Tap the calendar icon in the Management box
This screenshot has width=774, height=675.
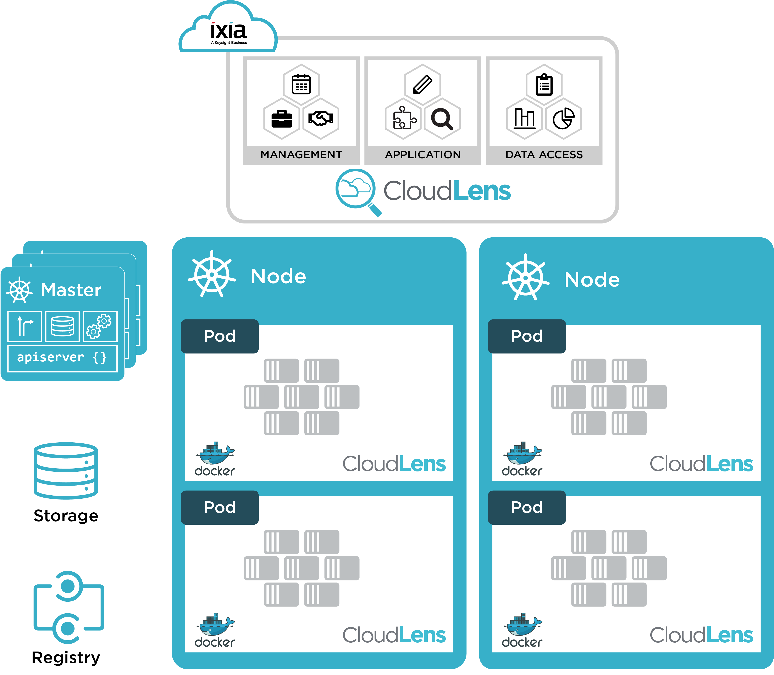(x=301, y=84)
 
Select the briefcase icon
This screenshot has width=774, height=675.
(x=281, y=119)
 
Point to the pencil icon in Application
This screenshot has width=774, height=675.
(x=422, y=84)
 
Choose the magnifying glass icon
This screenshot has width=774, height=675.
(x=442, y=119)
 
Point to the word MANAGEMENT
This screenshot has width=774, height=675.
(x=301, y=155)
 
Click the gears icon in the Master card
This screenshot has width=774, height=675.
(x=99, y=326)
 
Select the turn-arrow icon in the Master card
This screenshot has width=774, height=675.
(x=24, y=326)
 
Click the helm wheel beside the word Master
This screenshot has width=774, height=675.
(x=20, y=290)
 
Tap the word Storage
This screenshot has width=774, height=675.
(x=66, y=516)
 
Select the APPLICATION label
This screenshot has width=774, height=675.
(x=422, y=155)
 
